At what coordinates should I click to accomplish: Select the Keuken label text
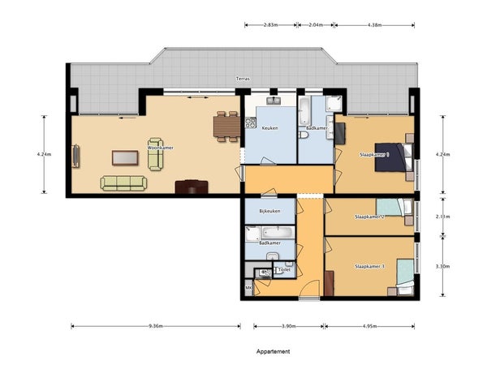point(269,127)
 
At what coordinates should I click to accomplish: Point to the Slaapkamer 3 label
point(369,266)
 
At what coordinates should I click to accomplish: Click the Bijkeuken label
point(269,212)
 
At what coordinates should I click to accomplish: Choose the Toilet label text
point(284,270)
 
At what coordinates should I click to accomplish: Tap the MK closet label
point(248,288)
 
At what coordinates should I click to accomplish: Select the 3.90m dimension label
point(288,326)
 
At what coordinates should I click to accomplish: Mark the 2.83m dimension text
point(271,25)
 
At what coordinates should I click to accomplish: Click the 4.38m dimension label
point(374,25)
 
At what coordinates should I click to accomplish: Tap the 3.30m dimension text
point(443,266)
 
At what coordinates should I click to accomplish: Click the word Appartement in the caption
point(273,352)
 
